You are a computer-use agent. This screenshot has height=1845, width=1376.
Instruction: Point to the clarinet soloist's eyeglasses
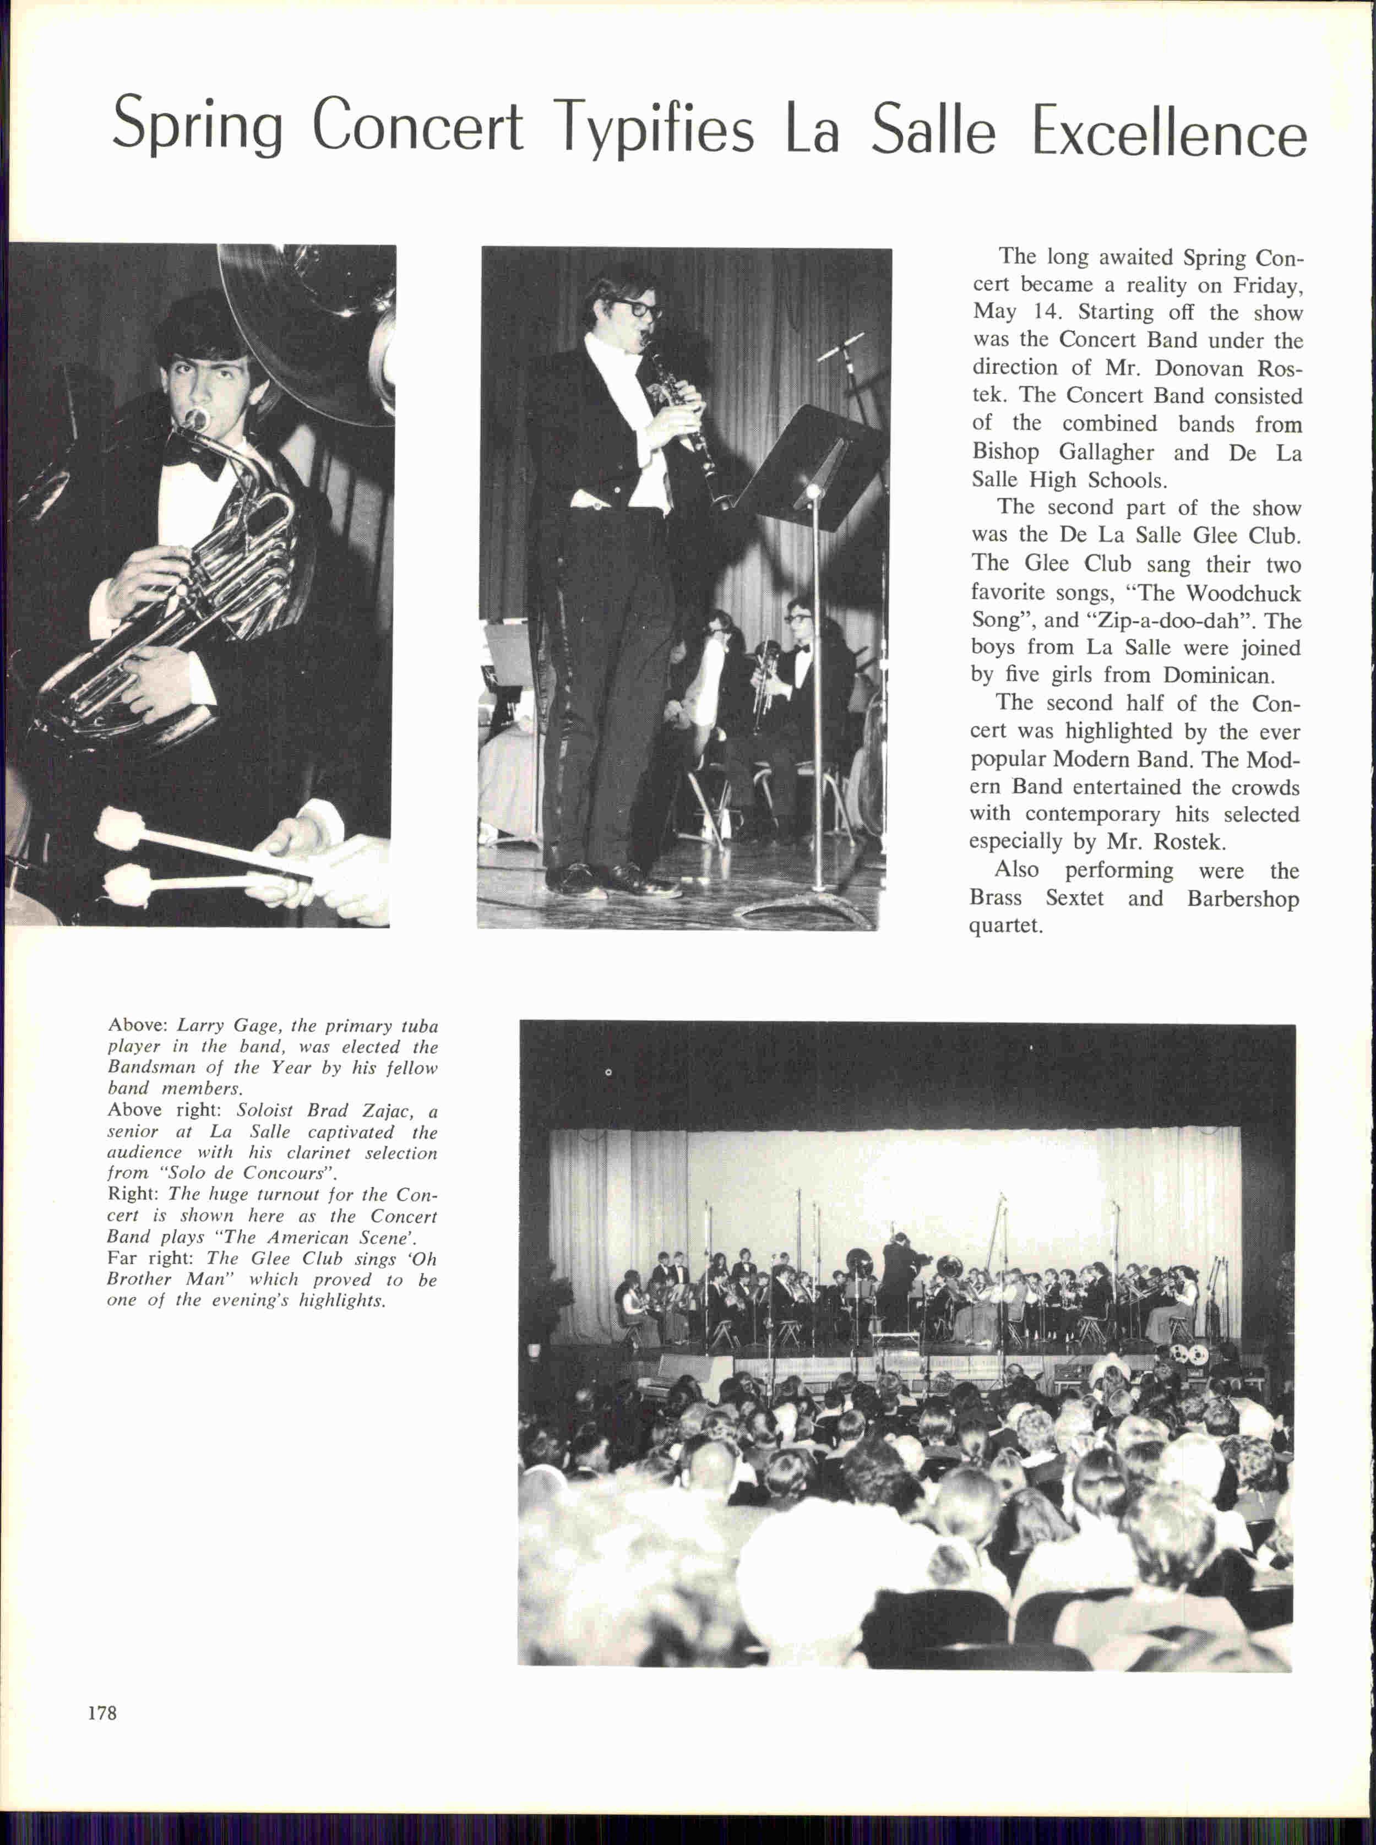coord(635,307)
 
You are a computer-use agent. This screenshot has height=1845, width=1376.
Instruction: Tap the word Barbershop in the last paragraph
coord(1243,898)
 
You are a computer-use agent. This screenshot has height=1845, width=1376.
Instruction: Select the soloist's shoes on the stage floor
coord(612,879)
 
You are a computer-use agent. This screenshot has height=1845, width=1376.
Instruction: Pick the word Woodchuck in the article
coord(1242,593)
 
